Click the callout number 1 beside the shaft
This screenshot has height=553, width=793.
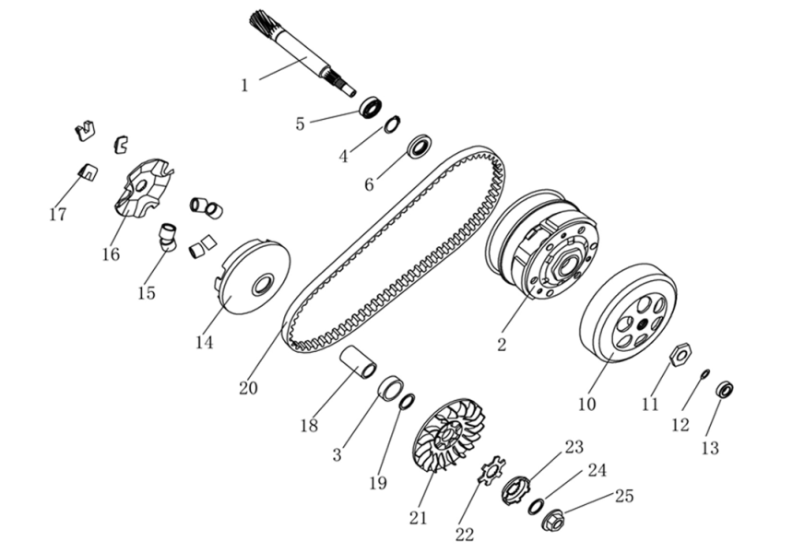[244, 85]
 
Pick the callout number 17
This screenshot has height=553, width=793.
[57, 214]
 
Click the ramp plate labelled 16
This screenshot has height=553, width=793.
[140, 188]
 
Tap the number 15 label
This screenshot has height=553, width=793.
[147, 293]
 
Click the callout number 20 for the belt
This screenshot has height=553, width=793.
[248, 388]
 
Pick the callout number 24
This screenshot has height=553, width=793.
[598, 470]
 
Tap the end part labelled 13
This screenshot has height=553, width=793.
[726, 390]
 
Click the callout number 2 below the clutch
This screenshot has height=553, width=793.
[502, 346]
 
